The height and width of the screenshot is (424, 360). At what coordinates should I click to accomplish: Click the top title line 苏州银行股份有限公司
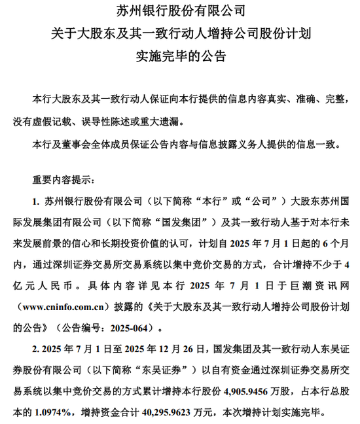[181, 11]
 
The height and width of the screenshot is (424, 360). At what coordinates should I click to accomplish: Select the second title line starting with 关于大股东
[181, 33]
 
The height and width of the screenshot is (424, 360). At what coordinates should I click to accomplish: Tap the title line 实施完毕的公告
[181, 55]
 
